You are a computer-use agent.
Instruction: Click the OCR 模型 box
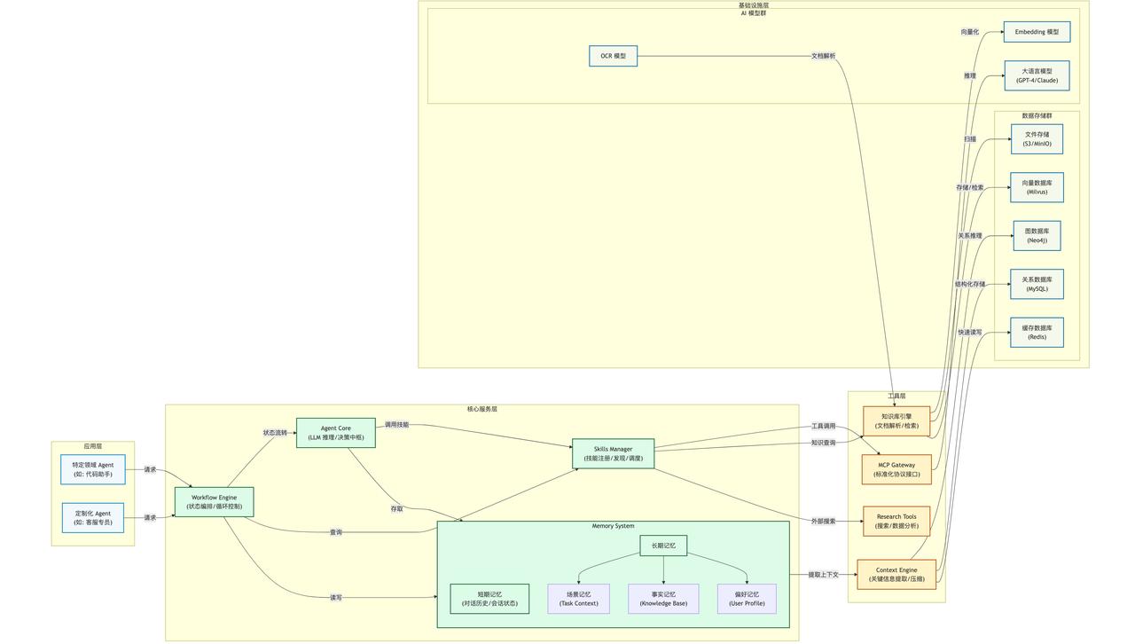613,56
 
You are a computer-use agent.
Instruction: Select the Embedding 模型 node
1037,32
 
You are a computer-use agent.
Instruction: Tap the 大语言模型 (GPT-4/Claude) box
1037,75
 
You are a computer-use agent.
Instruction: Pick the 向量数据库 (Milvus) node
1037,187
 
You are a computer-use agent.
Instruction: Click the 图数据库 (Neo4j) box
1037,236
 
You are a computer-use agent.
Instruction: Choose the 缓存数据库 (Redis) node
1037,333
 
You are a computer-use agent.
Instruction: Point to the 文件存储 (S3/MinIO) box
1037,139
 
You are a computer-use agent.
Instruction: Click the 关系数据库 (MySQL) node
1037,284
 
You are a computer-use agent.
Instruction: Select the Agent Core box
335,433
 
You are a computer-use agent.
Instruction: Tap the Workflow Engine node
214,502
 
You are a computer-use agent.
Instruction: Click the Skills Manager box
613,453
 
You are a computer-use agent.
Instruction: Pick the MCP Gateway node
896,469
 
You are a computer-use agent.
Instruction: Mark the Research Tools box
896,521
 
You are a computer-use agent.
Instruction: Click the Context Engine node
896,575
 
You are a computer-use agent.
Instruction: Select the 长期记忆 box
663,546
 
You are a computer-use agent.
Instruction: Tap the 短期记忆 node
489,599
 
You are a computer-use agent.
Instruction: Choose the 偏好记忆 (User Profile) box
747,599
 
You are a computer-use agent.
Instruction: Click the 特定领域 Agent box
93,469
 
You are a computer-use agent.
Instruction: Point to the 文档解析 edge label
823,56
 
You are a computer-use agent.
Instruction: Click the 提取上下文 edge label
823,575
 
